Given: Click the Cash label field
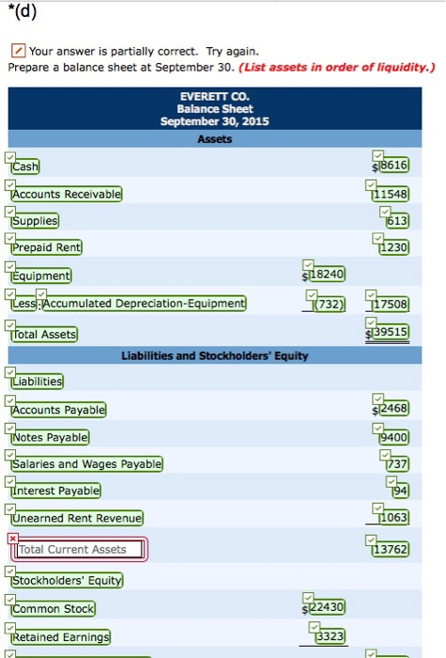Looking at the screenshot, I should tap(25, 166).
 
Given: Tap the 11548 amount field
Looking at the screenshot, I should tap(391, 194).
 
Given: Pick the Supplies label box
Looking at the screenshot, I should tap(35, 221).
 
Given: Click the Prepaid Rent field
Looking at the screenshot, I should tap(47, 248).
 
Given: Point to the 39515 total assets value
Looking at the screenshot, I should tap(391, 334).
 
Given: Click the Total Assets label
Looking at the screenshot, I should tap(45, 335).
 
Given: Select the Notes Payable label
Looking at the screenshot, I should tap(51, 438).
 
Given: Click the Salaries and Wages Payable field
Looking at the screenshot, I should tap(86, 464).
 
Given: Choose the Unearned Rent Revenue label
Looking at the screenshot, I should tap(77, 519).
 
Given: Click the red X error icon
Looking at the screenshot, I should tap(12, 538).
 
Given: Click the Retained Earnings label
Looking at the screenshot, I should tap(60, 638).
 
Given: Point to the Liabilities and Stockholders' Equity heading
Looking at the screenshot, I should tap(215, 355).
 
